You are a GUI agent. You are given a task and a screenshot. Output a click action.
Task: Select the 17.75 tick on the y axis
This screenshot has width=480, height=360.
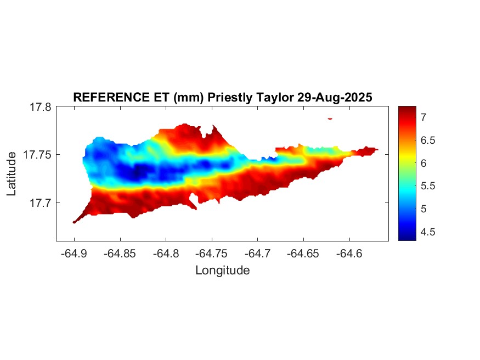tap(37, 155)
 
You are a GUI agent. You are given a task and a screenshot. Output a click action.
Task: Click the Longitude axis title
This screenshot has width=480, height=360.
tap(222, 270)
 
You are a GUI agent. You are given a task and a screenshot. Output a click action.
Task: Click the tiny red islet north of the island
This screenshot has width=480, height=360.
tap(330, 118)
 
